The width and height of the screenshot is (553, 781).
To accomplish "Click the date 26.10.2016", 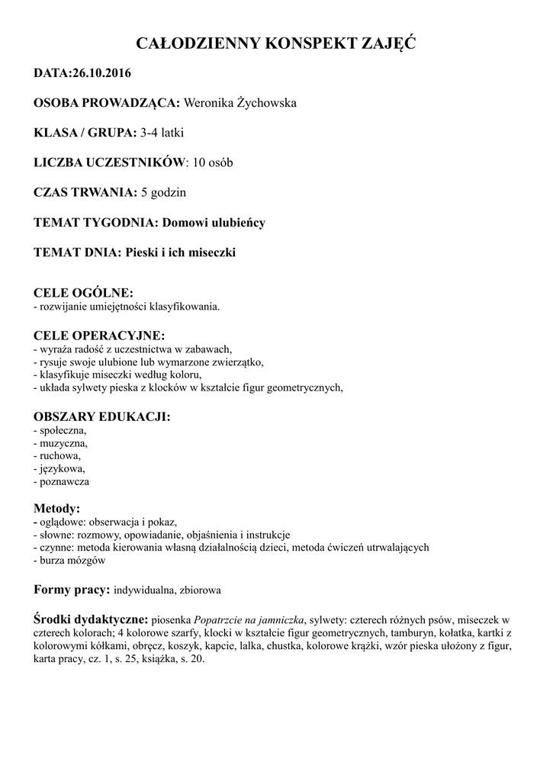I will point(101,74).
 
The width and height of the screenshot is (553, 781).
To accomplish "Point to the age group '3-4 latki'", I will point(162,133).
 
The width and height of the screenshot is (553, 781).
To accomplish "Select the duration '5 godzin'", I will point(163,192).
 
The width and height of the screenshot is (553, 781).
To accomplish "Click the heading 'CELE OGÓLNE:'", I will point(83,293).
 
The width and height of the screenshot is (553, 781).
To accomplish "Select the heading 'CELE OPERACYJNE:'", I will point(99,335).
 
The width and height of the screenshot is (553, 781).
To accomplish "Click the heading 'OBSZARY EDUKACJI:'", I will point(102,416).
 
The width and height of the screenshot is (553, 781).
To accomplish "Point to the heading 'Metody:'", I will point(57,508).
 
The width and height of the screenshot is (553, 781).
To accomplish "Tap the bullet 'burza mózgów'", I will point(72,560).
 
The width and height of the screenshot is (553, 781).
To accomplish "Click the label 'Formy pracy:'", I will point(72,590).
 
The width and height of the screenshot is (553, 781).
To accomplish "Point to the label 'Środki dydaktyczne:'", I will point(92,619).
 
